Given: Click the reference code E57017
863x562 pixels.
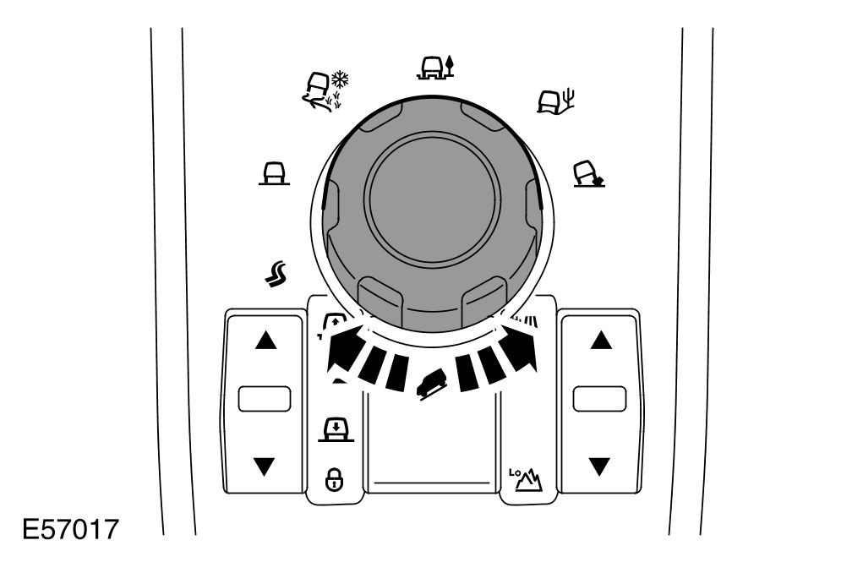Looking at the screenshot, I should (70, 532).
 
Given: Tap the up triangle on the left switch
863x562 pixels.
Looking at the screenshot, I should (265, 341).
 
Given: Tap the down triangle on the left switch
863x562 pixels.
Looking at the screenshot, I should (265, 465).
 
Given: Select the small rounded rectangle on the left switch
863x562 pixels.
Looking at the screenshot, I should (265, 399).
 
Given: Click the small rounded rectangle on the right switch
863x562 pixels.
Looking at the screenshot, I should (599, 399).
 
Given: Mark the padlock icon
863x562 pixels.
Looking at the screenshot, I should (334, 483).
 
